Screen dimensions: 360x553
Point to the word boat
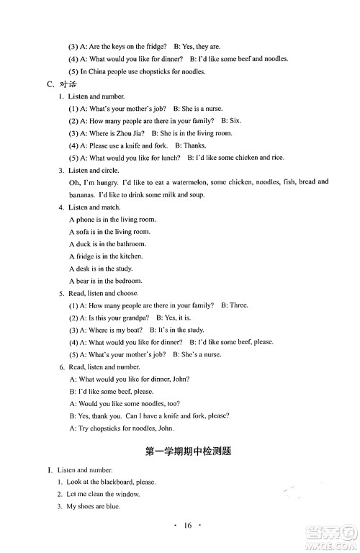(138, 330)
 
